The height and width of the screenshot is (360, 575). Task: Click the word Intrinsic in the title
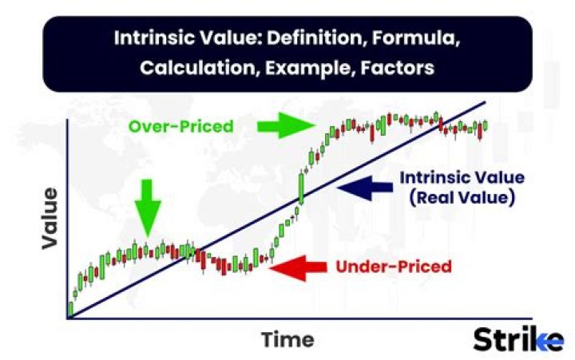(147, 38)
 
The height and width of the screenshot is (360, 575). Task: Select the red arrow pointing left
(300, 267)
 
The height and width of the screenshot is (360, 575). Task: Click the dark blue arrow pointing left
(364, 186)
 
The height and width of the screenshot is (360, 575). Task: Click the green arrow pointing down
(147, 207)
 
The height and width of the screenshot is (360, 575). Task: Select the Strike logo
(517, 338)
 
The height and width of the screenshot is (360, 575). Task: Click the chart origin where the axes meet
(69, 318)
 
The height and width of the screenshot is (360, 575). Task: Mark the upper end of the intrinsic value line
(484, 102)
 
